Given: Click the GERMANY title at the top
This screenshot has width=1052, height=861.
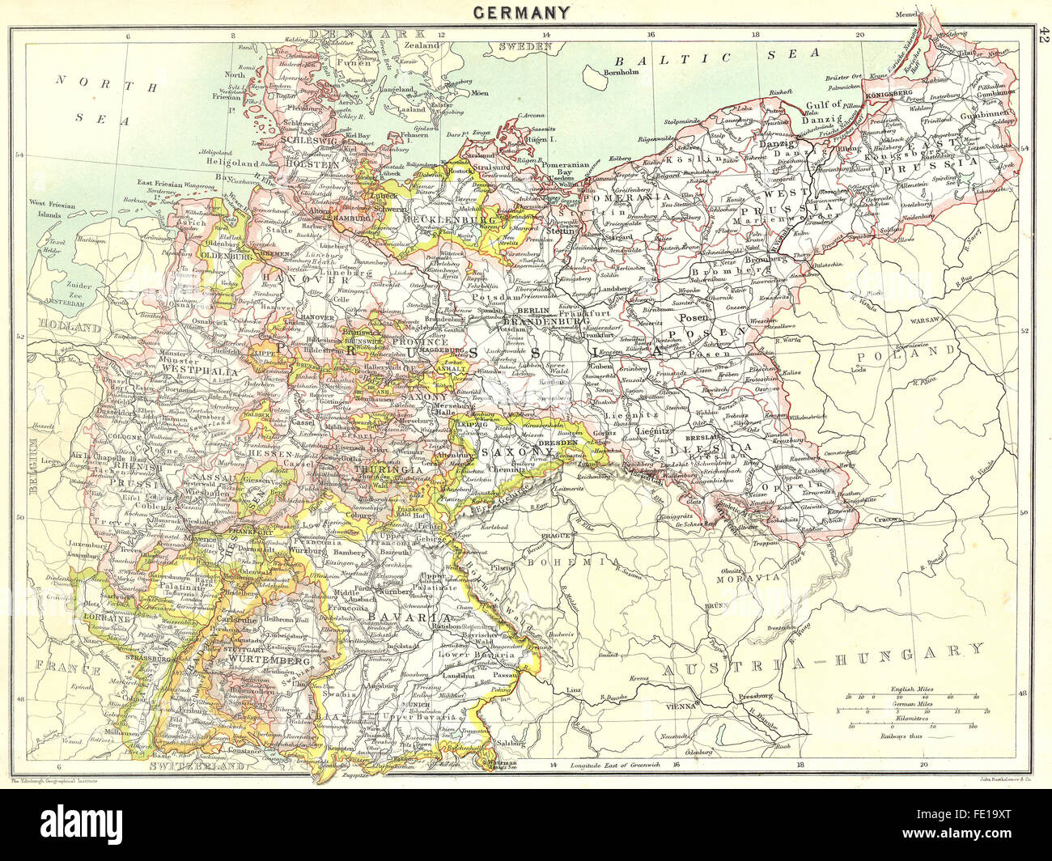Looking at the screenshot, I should tap(522, 12).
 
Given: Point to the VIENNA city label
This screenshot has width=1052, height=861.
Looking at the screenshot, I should tap(682, 706).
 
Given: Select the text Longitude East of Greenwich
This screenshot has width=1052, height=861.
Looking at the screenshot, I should tap(618, 764).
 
